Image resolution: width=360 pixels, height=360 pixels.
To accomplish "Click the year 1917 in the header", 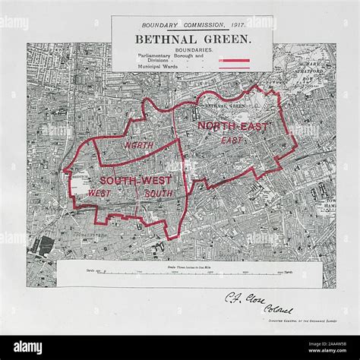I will pyautogui.click(x=213, y=23).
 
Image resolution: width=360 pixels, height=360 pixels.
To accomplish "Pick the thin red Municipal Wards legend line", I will pyautogui.click(x=234, y=67).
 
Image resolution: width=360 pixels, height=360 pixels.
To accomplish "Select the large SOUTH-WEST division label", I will pyautogui.click(x=134, y=180).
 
